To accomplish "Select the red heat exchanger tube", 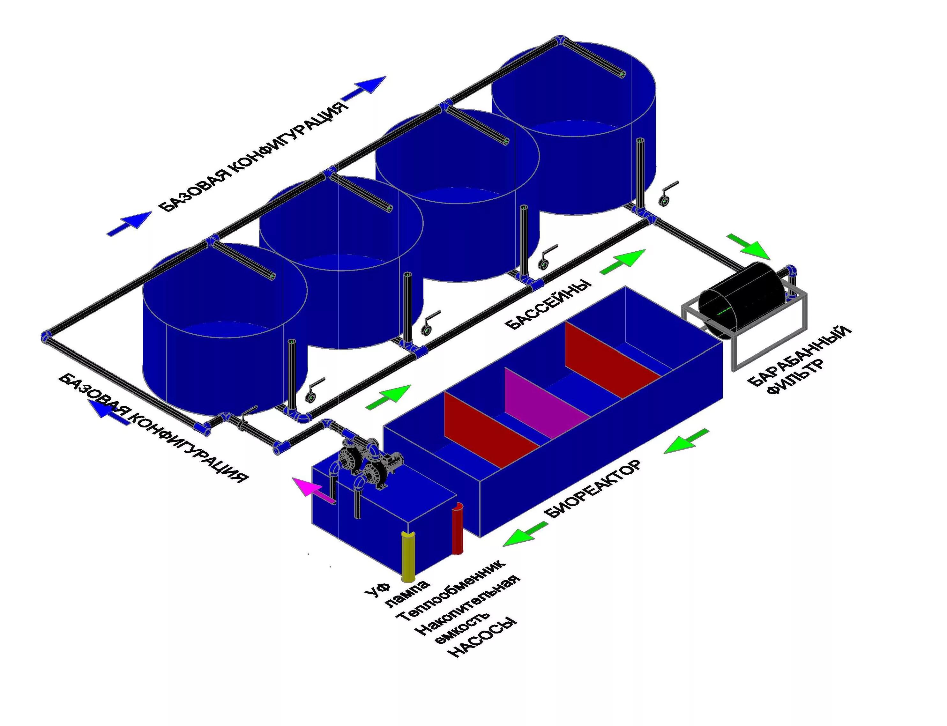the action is pyautogui.click(x=457, y=528).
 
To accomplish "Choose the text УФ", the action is pyautogui.click(x=378, y=587).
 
